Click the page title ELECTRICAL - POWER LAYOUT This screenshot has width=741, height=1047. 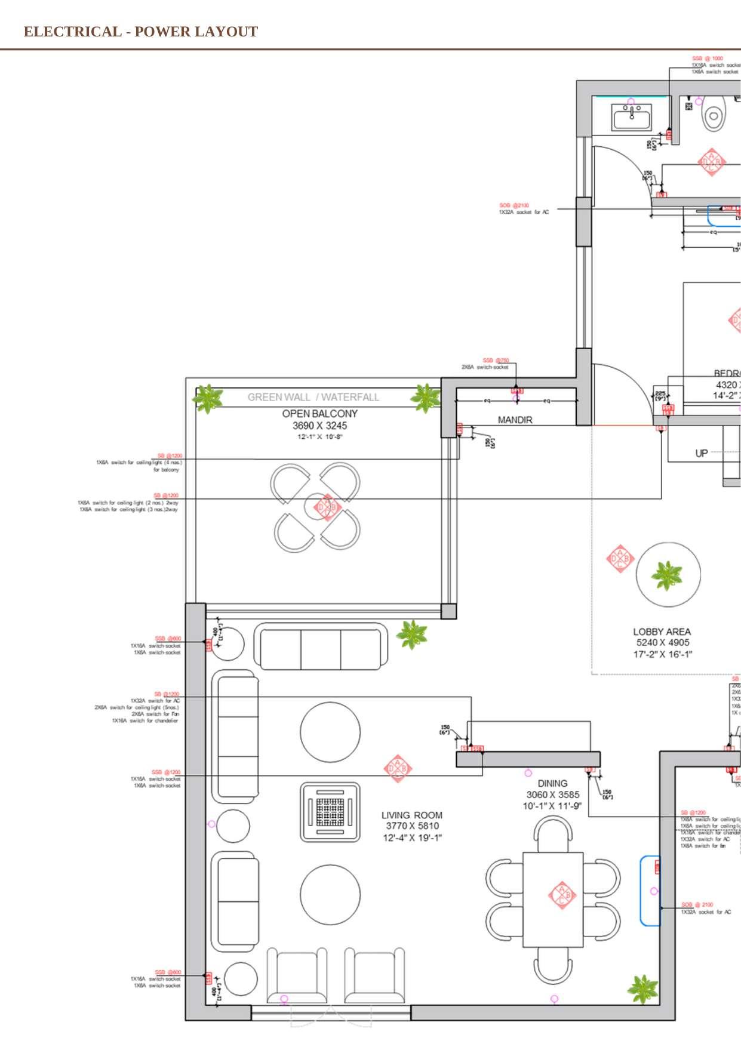tap(141, 32)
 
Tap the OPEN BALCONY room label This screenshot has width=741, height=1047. tap(319, 413)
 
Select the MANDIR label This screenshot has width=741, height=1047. tap(515, 420)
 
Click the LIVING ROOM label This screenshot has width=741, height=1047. tap(412, 815)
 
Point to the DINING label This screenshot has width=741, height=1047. tap(552, 783)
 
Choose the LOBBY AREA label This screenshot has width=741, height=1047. tap(662, 632)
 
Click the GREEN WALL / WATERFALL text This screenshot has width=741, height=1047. tap(313, 397)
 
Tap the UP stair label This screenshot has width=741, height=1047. tap(702, 453)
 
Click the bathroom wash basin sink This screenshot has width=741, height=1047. tap(632, 117)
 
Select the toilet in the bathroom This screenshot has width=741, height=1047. tap(713, 116)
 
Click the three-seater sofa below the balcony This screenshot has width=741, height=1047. tap(321, 646)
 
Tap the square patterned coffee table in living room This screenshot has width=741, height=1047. tap(330, 812)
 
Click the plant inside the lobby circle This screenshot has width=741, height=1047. tap(666, 575)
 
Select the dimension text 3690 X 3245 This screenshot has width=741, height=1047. tap(319, 426)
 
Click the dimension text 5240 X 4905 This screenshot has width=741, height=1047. tap(662, 643)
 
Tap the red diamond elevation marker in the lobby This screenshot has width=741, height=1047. tap(619, 559)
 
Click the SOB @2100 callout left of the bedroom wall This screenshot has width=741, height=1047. tap(514, 205)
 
